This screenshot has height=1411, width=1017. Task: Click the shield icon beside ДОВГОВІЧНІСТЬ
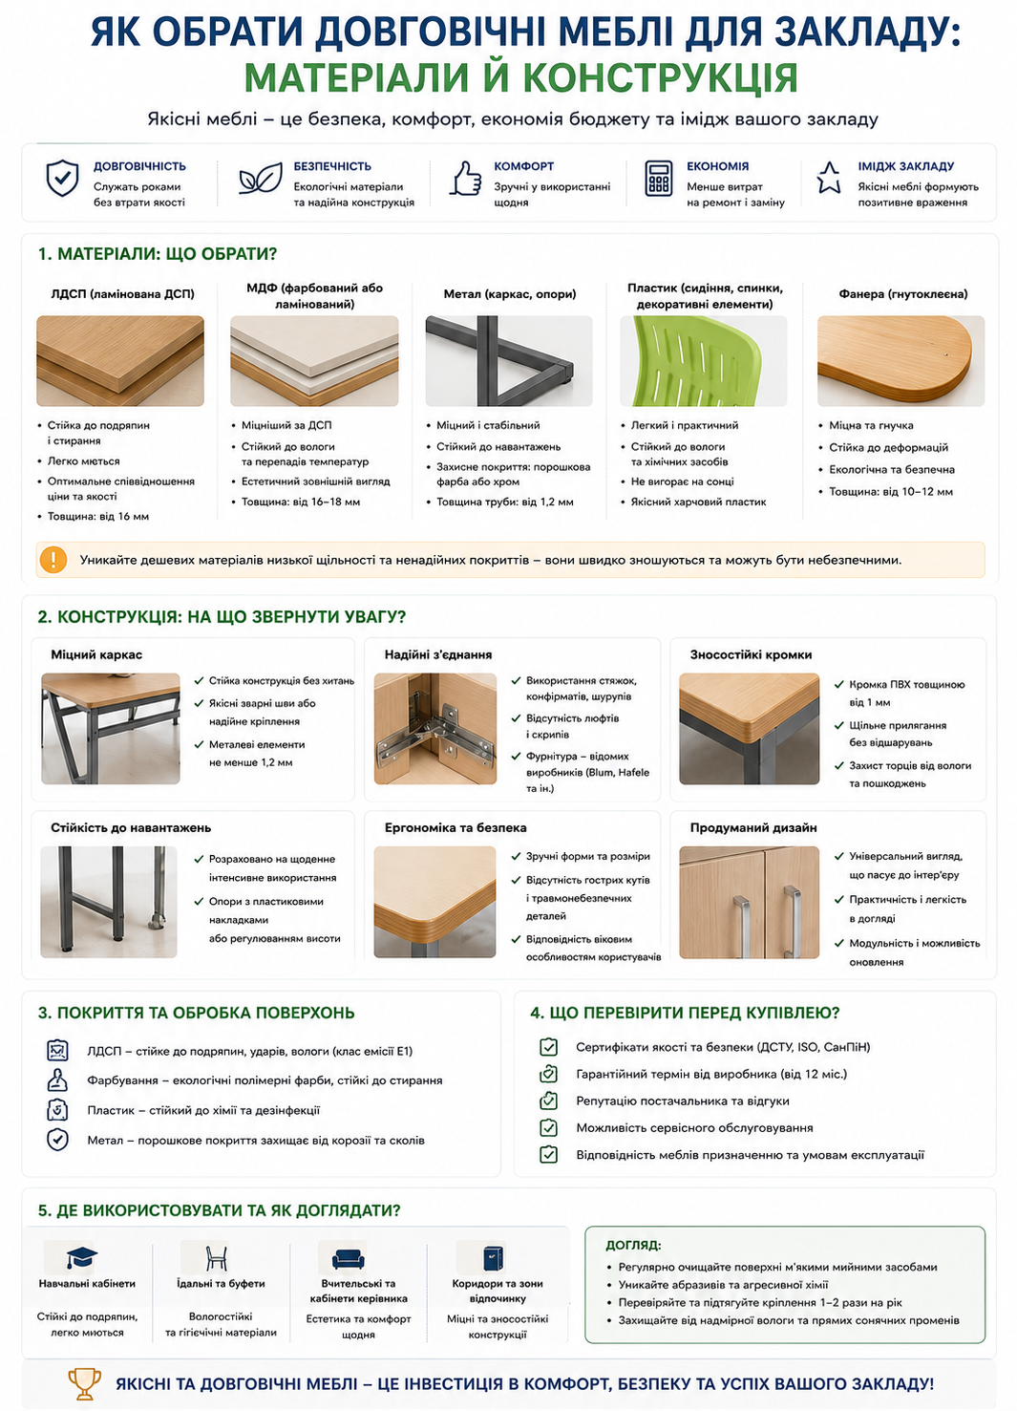pyautogui.click(x=62, y=178)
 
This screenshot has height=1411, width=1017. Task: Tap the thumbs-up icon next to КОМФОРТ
pyautogui.click(x=465, y=179)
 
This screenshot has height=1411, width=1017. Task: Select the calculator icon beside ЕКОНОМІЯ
pyautogui.click(x=658, y=179)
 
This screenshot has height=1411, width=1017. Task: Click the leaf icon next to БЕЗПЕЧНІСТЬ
pyautogui.click(x=261, y=178)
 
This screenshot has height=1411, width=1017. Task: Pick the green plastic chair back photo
pyautogui.click(x=704, y=361)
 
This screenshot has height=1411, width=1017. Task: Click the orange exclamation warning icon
pyautogui.click(x=53, y=560)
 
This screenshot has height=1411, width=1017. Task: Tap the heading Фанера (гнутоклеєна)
pyautogui.click(x=902, y=294)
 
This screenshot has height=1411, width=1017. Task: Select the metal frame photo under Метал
pyautogui.click(x=509, y=361)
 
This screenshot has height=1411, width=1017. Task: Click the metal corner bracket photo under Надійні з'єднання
pyautogui.click(x=435, y=729)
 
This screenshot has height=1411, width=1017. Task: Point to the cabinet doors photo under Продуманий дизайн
pyautogui.click(x=749, y=902)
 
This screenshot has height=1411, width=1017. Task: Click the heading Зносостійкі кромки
pyautogui.click(x=751, y=655)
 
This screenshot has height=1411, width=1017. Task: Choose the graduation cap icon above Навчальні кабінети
pyautogui.click(x=82, y=1257)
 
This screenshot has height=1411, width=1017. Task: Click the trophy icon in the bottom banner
pyautogui.click(x=84, y=1384)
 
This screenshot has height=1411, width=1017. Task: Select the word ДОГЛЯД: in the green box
pyautogui.click(x=633, y=1246)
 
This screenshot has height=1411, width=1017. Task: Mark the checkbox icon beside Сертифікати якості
pyautogui.click(x=548, y=1047)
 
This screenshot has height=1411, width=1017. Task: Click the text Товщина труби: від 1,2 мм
pyautogui.click(x=505, y=502)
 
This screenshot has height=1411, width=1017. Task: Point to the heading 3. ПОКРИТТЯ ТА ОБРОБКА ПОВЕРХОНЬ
pyautogui.click(x=197, y=1013)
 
